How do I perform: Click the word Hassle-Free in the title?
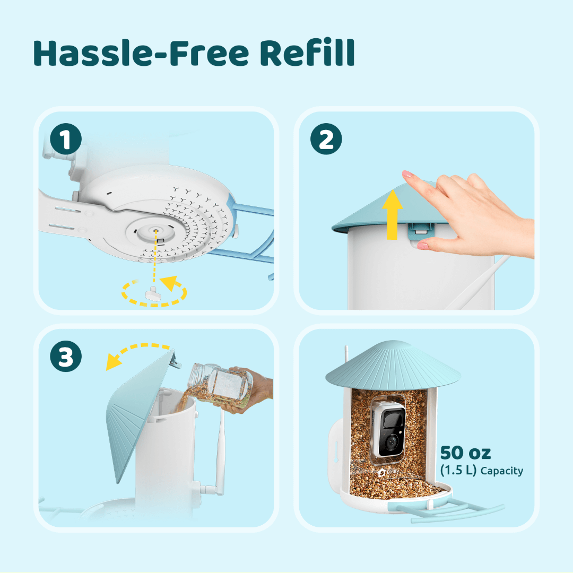pos(140,53)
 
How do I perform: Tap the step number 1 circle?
pos(66,141)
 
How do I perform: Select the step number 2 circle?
pos(326,141)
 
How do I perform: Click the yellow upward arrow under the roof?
pos(392,218)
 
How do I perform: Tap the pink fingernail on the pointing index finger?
pos(407,175)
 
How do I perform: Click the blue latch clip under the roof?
pos(419,231)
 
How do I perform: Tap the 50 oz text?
pos(465,453)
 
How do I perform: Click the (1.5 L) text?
pos(458,471)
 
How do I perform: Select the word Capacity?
pos(501,471)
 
